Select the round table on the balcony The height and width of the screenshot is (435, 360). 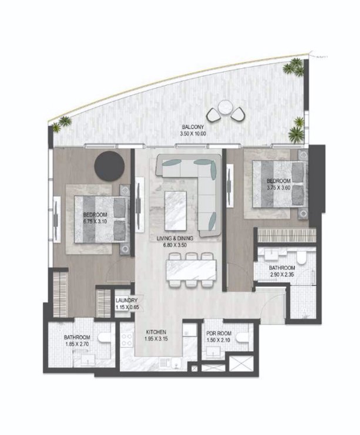[225, 107]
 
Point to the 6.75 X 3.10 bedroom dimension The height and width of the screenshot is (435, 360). [95, 221]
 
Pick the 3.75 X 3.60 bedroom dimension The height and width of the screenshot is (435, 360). [278, 187]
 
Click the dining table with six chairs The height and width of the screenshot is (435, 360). [191, 269]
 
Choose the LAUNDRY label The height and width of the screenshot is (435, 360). [126, 301]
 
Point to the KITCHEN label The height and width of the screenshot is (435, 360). [157, 332]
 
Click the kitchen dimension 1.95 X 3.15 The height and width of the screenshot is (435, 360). [157, 339]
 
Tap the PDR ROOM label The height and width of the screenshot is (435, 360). [219, 333]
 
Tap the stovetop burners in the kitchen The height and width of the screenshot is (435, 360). [127, 340]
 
